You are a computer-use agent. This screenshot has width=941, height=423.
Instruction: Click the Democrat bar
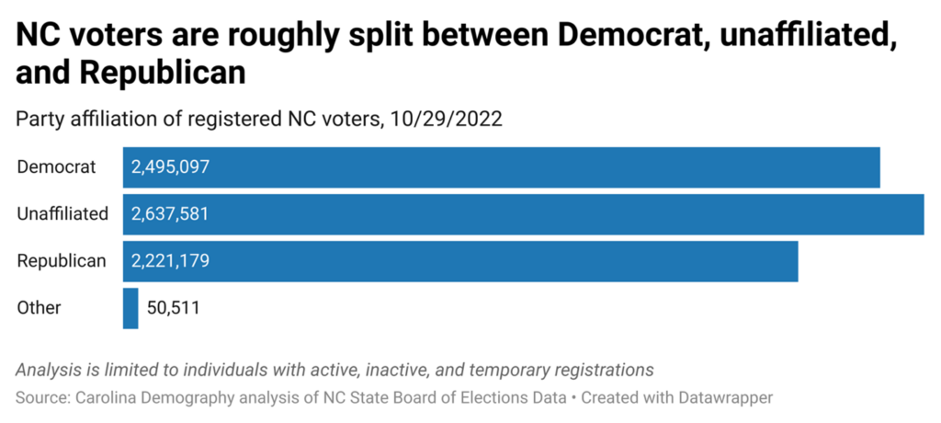(502, 167)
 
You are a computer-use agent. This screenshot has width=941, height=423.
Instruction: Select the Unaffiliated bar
(524, 214)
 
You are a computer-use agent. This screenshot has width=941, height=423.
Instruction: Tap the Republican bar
(460, 261)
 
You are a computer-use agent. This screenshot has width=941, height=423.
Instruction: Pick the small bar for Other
(130, 308)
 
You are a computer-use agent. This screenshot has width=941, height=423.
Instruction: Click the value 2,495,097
(171, 167)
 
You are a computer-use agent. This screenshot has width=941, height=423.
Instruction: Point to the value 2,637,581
(171, 214)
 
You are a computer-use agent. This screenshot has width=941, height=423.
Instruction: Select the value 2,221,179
(171, 261)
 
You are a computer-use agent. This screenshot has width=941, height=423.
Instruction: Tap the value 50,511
(173, 308)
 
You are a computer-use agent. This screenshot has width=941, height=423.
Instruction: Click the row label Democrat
(56, 167)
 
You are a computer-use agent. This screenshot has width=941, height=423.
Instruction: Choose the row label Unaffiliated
(62, 214)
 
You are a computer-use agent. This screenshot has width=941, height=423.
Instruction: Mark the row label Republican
(62, 261)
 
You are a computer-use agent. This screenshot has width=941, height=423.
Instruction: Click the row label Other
(40, 308)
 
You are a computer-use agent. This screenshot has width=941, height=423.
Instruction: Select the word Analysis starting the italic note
(50, 370)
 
